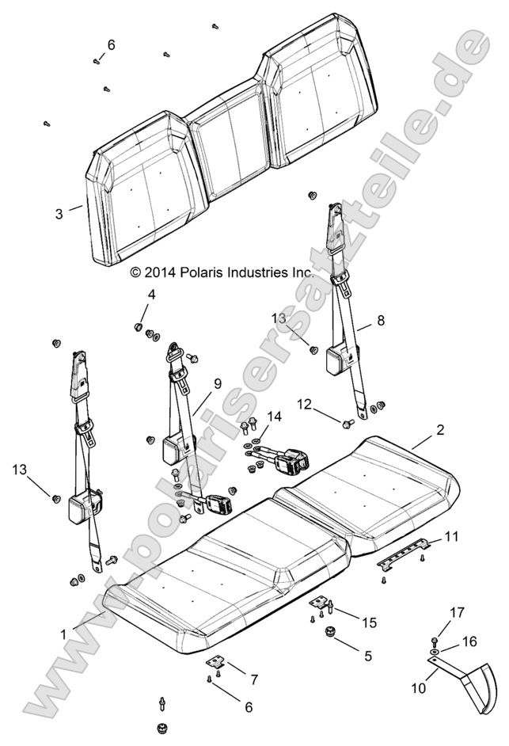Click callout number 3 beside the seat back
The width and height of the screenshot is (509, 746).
tap(59, 214)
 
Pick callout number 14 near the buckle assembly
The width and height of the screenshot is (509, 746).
tap(274, 417)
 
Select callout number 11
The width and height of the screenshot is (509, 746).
tap(450, 537)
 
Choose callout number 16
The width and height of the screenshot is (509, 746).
tap(469, 641)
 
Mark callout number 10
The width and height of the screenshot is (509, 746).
tap(419, 688)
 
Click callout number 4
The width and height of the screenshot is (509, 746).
tap(151, 295)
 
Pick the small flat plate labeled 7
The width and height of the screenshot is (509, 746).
tap(216, 662)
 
